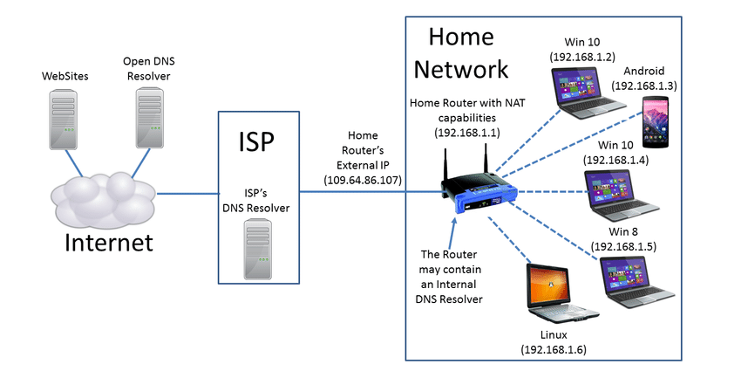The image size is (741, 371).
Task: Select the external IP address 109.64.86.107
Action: pyautogui.click(x=362, y=179)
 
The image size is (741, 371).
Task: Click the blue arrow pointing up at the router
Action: pyautogui.click(x=451, y=230)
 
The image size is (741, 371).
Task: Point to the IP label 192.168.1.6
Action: pyautogui.click(x=553, y=349)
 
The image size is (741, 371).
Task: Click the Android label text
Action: pyautogui.click(x=644, y=71)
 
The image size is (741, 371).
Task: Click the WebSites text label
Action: pyautogui.click(x=65, y=78)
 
